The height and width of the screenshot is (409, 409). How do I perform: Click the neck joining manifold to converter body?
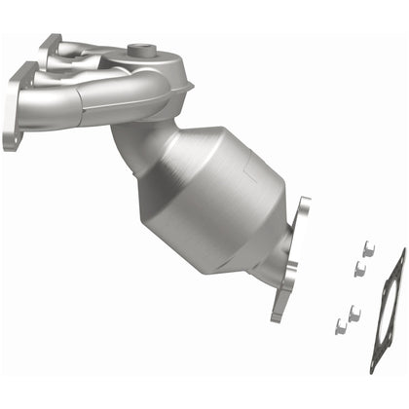click(x=136, y=146)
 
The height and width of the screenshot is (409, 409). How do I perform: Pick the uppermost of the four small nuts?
click(x=368, y=248)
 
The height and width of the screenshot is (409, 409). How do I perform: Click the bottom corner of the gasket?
click(x=373, y=367)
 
